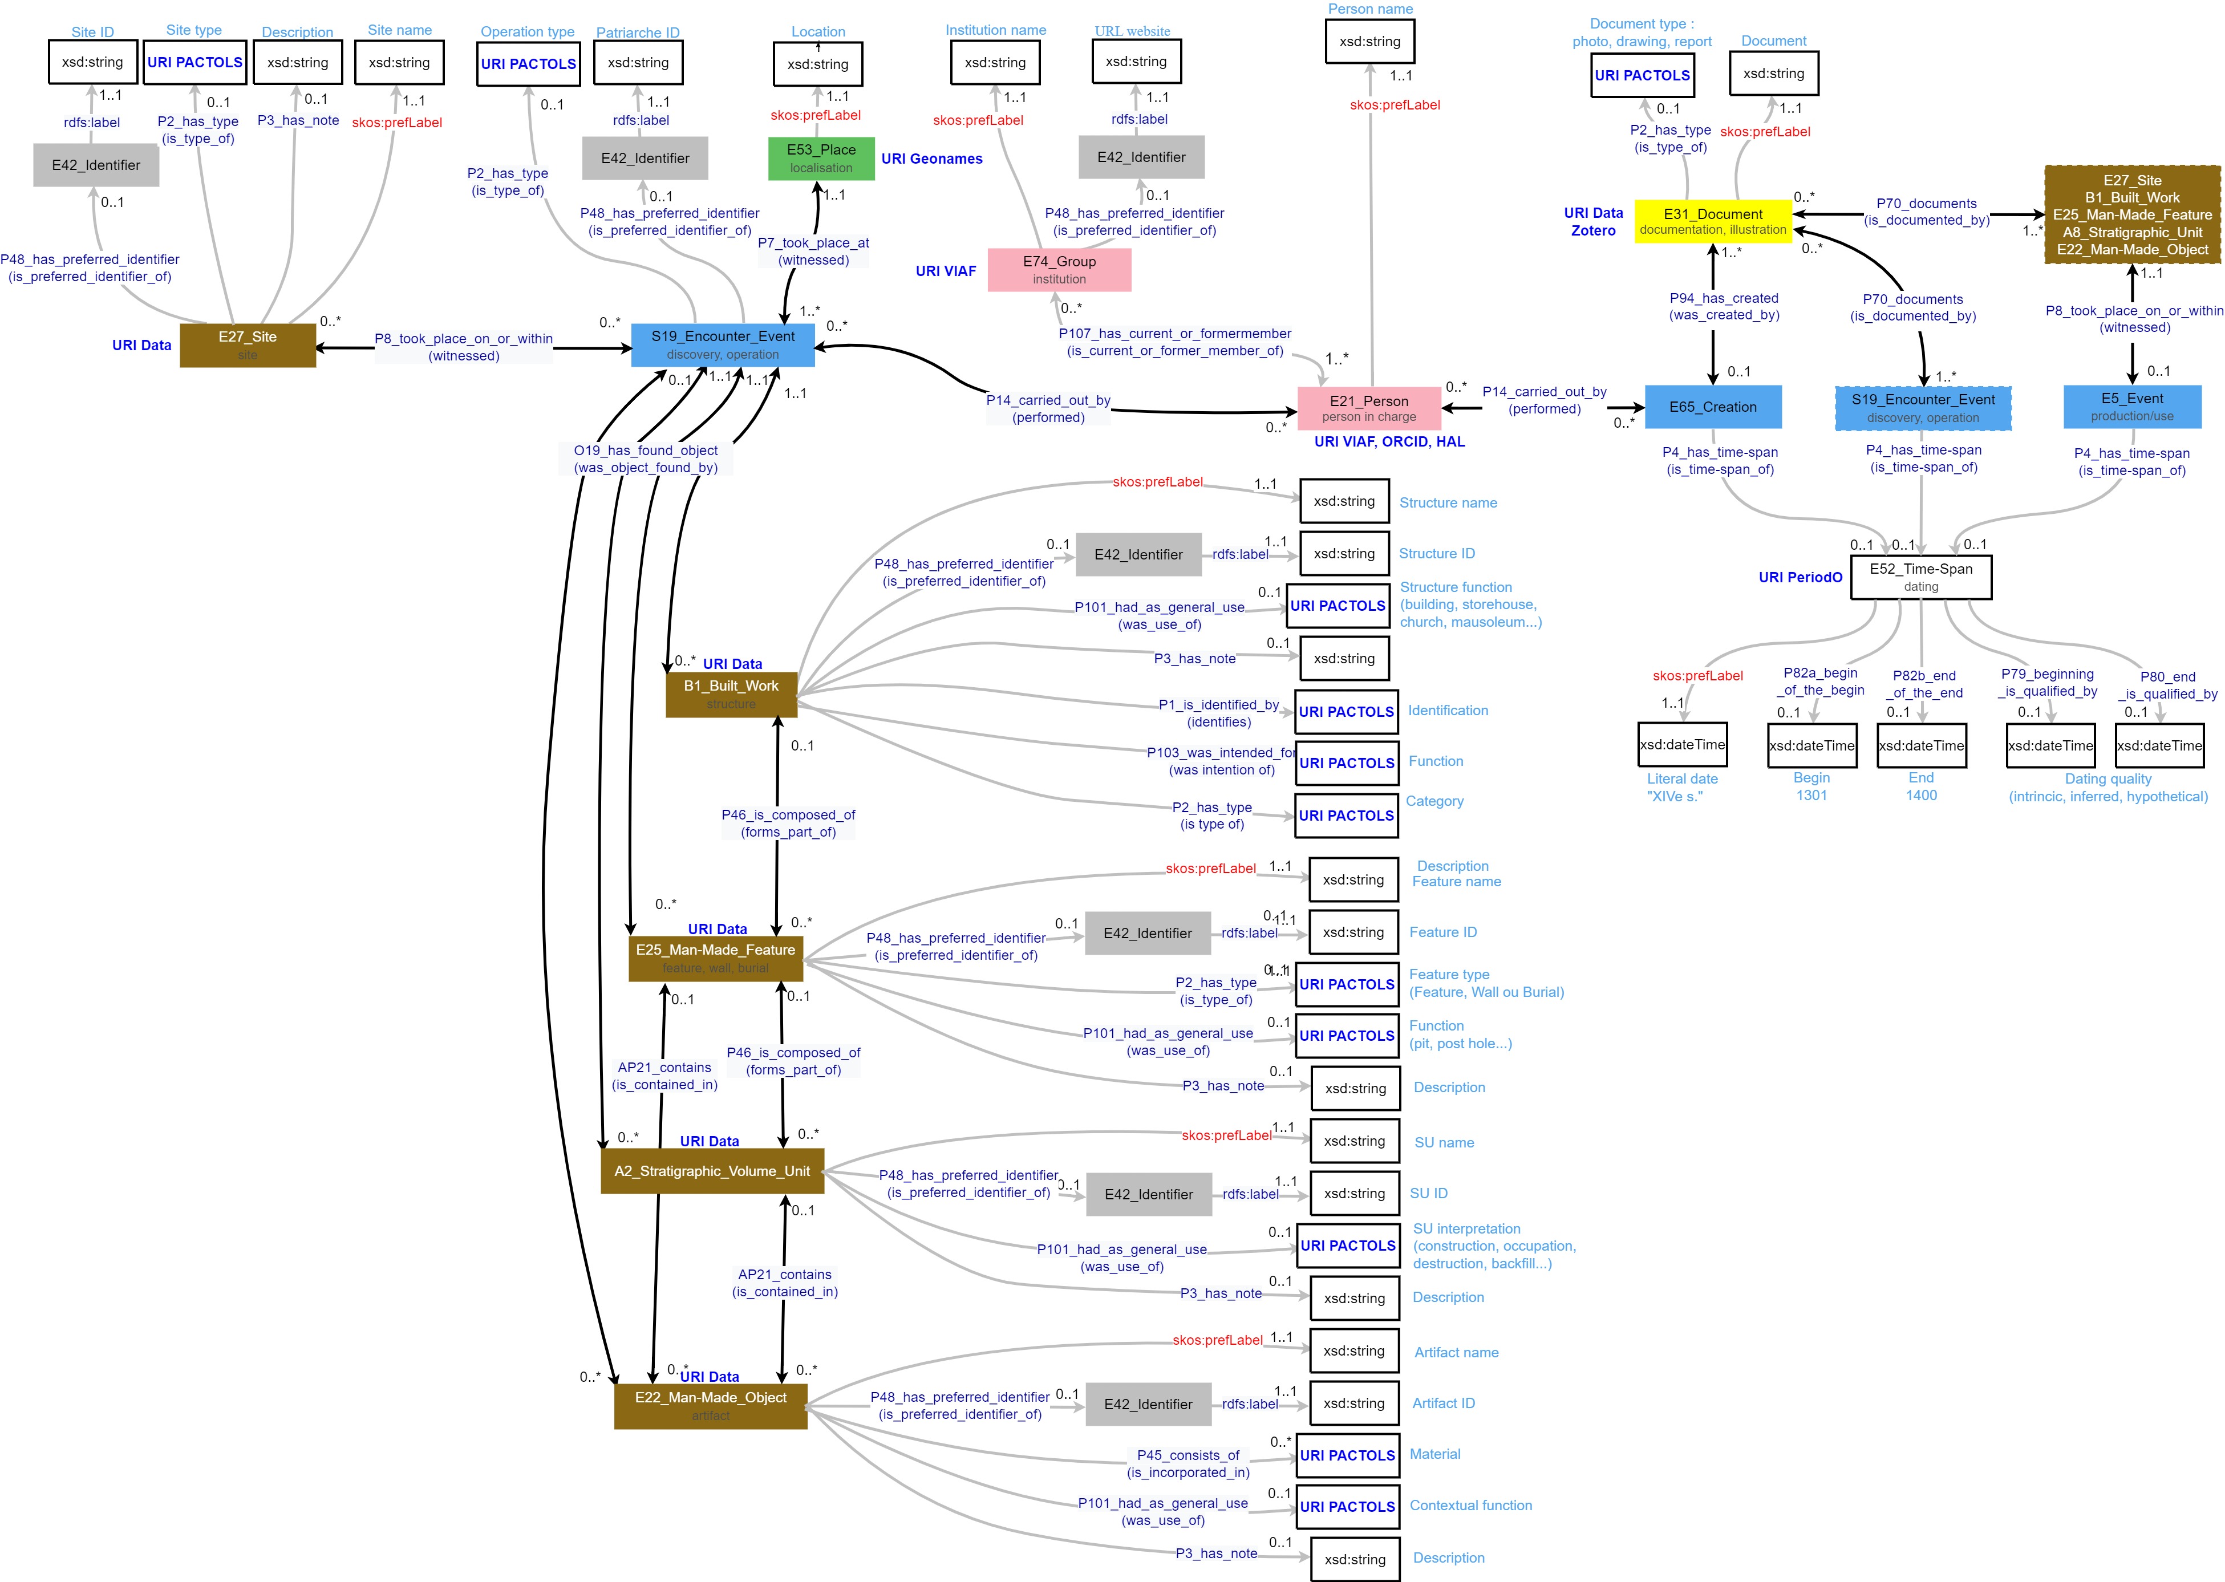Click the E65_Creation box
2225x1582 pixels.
[x=1713, y=407]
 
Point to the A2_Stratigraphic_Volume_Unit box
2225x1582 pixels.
[x=712, y=1171]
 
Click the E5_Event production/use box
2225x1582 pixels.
[x=2131, y=406]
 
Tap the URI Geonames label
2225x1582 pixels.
[x=931, y=159]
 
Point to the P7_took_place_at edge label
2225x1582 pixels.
[x=813, y=252]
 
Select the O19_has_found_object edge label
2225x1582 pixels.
[x=646, y=459]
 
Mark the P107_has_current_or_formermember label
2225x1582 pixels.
[x=1175, y=342]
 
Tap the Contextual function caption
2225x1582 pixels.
[x=1470, y=1505]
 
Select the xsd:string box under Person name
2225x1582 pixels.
[x=1369, y=42]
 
